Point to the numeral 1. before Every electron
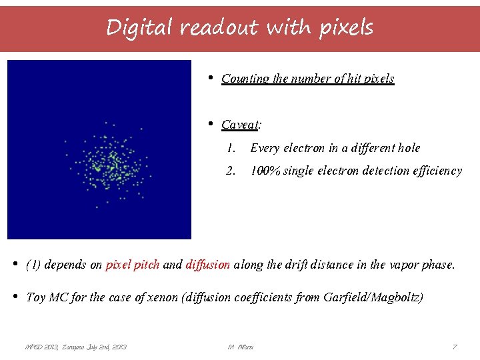[231, 148]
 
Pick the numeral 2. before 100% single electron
[231, 171]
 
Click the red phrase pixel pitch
[132, 265]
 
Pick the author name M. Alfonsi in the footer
[240, 347]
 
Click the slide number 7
[454, 347]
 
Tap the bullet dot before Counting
[210, 78]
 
